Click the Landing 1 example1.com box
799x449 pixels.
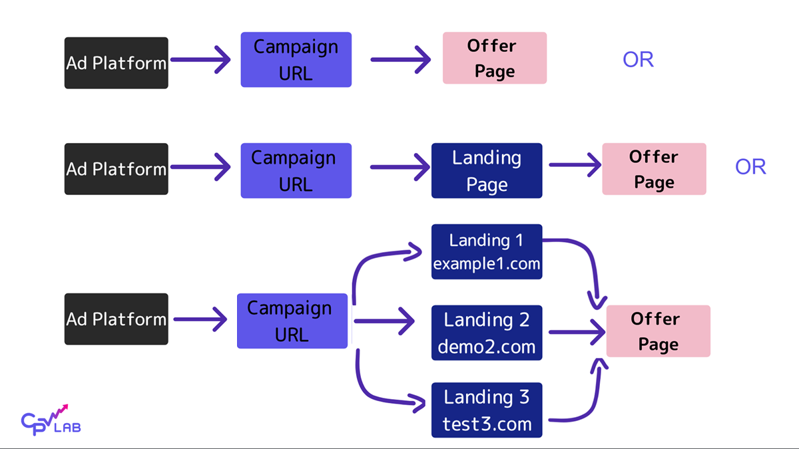(487, 251)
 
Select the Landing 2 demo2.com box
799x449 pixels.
(487, 333)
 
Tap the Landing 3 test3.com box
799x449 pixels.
(487, 410)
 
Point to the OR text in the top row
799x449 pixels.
(638, 60)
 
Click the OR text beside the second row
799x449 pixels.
(750, 167)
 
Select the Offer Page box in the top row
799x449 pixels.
(494, 58)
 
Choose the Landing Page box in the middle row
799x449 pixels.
(487, 170)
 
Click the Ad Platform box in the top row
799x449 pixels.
(116, 63)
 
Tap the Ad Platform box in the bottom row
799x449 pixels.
(116, 319)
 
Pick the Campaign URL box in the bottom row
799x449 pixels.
(292, 321)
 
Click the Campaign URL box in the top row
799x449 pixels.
(296, 60)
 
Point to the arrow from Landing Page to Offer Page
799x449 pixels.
(575, 166)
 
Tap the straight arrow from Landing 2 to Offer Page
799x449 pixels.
(575, 331)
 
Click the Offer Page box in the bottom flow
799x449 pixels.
(658, 331)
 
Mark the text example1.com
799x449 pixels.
(487, 264)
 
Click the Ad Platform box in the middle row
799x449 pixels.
(116, 169)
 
